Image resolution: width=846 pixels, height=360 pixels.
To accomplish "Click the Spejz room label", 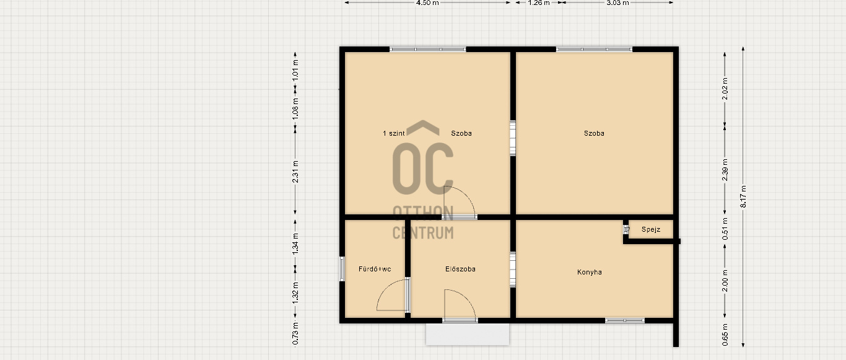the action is pyautogui.click(x=651, y=229).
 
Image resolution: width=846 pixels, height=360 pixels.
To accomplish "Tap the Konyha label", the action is pyautogui.click(x=589, y=272).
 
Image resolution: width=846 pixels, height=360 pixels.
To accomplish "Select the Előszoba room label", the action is pyautogui.click(x=460, y=269).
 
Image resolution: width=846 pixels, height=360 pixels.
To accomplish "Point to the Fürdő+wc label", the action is pyautogui.click(x=375, y=269).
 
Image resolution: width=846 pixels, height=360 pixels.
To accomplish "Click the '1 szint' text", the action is pyautogui.click(x=393, y=133).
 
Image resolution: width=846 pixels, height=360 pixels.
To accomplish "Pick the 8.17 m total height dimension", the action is pyautogui.click(x=743, y=196).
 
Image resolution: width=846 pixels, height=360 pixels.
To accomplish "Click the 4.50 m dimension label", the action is pyautogui.click(x=427, y=2).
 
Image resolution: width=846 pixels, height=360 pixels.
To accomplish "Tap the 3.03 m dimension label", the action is pyautogui.click(x=617, y=2).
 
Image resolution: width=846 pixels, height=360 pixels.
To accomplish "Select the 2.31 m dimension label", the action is pyautogui.click(x=295, y=172).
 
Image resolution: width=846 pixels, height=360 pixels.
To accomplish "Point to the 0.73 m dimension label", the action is pyautogui.click(x=295, y=333).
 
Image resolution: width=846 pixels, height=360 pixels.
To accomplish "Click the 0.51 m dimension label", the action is pyautogui.click(x=725, y=229).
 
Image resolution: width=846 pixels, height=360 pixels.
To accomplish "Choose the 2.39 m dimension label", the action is pyautogui.click(x=725, y=170).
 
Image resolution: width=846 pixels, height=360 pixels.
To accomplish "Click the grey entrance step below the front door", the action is pyautogui.click(x=468, y=335).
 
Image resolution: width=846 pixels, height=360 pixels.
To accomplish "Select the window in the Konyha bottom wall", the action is pyautogui.click(x=625, y=321).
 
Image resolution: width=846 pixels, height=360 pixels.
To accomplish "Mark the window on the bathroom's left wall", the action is pyautogui.click(x=342, y=268).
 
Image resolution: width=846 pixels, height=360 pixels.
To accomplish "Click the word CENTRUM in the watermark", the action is pyautogui.click(x=423, y=233).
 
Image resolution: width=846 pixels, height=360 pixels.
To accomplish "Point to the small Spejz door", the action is pyautogui.click(x=626, y=229).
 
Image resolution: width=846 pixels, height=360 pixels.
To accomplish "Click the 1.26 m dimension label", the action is pyautogui.click(x=539, y=2).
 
